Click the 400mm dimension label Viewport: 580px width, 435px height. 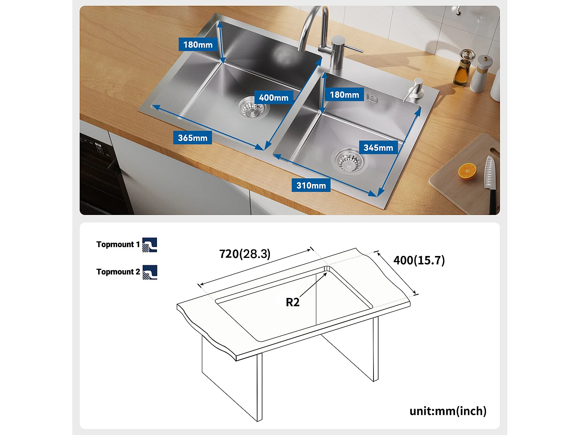273,97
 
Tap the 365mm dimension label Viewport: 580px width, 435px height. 192,138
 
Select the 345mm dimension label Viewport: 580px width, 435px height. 378,148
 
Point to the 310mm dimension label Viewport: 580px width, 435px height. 311,186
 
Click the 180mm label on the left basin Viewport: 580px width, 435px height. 198,44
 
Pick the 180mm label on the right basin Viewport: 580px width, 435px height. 344,95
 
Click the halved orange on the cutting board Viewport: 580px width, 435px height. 467,171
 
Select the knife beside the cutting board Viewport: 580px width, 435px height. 490,182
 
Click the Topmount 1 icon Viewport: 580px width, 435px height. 150,245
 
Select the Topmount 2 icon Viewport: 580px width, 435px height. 150,272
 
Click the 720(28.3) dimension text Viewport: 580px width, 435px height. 245,254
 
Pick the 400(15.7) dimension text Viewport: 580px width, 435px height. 419,260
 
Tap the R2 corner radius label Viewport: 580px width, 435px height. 292,302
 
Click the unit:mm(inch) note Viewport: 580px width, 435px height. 448,411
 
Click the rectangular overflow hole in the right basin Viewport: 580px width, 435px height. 372,99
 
